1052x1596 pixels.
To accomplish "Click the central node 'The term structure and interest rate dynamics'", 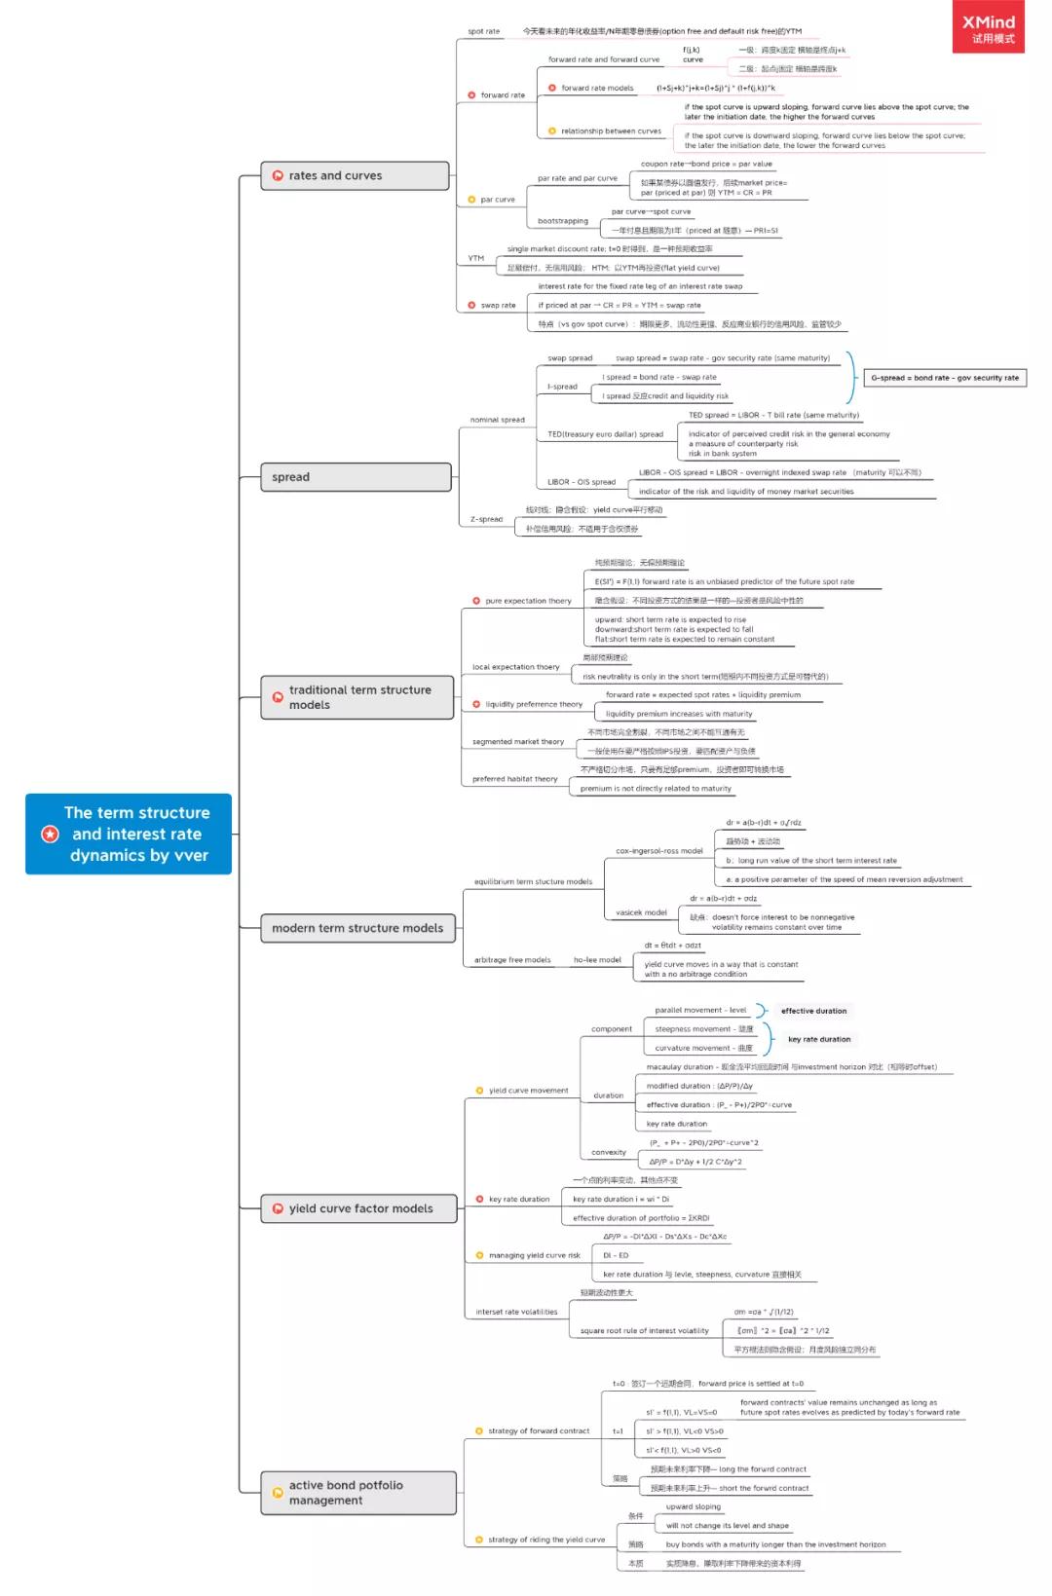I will (x=129, y=834).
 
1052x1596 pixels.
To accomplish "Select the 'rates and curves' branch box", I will (x=355, y=175).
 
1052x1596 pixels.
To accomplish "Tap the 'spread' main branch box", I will (x=355, y=477).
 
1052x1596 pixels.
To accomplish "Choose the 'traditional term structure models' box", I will (x=357, y=697).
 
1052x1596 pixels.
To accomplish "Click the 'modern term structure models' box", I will (x=357, y=928).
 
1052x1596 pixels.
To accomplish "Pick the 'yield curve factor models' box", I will (x=359, y=1208).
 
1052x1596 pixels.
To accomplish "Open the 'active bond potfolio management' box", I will (x=357, y=1493).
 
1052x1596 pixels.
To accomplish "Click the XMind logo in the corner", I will (x=988, y=27).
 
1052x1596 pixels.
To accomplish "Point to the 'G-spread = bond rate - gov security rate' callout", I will (x=945, y=378).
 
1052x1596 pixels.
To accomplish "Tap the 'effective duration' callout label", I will (x=813, y=1011).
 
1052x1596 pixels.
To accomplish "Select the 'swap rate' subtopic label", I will (x=498, y=305).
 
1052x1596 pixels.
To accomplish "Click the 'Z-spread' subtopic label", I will (x=486, y=519).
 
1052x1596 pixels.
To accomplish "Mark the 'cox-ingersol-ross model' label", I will (x=658, y=851).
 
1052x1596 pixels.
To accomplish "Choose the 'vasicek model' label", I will (x=641, y=912).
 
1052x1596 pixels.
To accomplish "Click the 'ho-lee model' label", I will (x=597, y=960).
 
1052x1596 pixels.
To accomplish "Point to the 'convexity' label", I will (x=609, y=1152).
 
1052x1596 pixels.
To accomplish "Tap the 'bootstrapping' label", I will (x=563, y=221).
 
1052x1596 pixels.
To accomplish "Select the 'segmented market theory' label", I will (x=518, y=742).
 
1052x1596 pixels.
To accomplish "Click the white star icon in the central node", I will (x=50, y=834).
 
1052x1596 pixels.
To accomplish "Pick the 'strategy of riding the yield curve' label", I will (x=546, y=1540).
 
